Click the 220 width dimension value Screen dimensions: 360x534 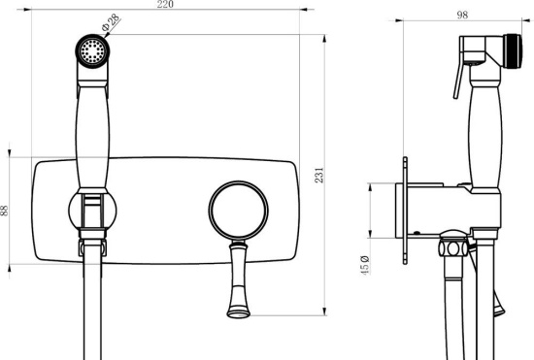[165, 6]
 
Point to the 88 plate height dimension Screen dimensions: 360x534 [6, 211]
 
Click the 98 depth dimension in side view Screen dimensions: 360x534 [460, 14]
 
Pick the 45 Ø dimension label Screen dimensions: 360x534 [363, 264]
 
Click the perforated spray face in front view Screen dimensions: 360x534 [91, 50]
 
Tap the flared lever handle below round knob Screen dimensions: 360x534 [237, 281]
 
